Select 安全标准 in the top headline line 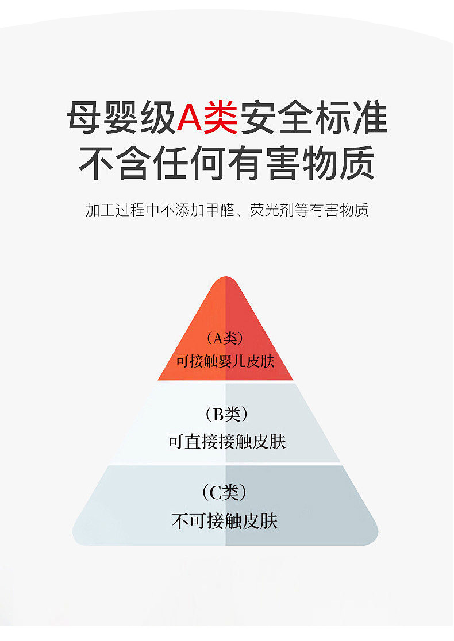coord(313,118)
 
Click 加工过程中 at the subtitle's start coord(121,210)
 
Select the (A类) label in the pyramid coord(225,338)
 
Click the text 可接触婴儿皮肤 coord(225,361)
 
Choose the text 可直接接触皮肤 coord(226,442)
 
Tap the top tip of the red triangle coord(225,279)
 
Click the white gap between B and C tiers coord(225,464)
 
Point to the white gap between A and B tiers coord(225,381)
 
